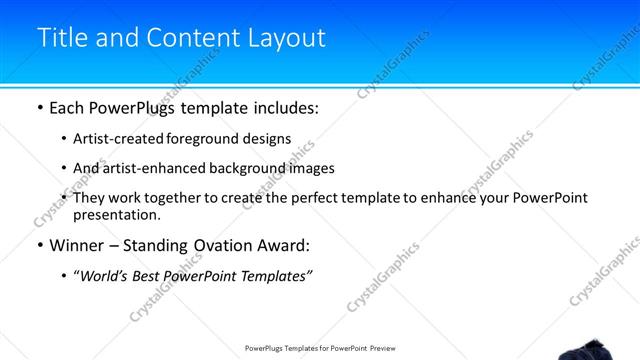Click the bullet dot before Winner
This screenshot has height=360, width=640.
coord(39,246)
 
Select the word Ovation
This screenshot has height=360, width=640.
coord(230,246)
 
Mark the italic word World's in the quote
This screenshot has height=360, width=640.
coord(105,276)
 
